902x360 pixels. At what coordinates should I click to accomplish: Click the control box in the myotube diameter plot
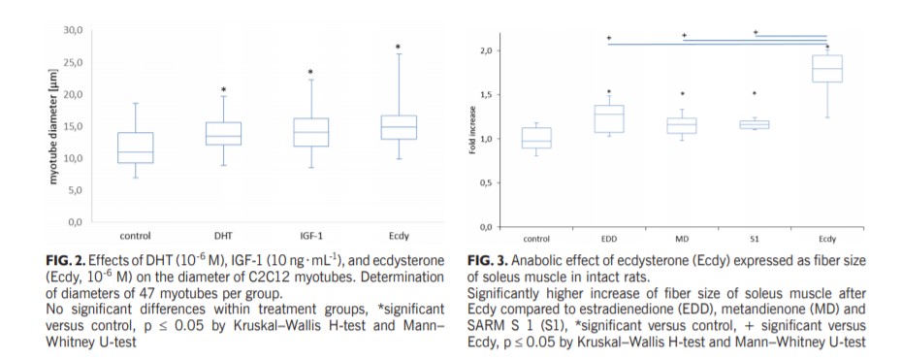coord(135,147)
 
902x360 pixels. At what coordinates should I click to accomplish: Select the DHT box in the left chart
coord(222,134)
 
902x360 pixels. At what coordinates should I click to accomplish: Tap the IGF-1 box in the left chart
coord(310,132)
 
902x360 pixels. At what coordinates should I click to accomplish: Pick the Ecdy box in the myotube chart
coord(398,127)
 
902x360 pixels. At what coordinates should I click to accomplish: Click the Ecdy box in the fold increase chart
coord(826,69)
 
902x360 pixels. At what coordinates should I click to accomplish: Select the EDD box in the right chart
coord(608,118)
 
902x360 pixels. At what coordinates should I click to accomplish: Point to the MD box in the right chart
coord(682,126)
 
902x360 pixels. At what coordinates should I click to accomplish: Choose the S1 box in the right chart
coord(754,124)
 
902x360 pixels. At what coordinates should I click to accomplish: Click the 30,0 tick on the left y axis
coord(73,31)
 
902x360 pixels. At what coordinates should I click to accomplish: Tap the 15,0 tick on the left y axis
coord(73,126)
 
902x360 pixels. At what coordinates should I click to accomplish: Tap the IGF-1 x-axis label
coord(310,236)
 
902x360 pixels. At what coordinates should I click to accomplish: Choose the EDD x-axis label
coord(608,238)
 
